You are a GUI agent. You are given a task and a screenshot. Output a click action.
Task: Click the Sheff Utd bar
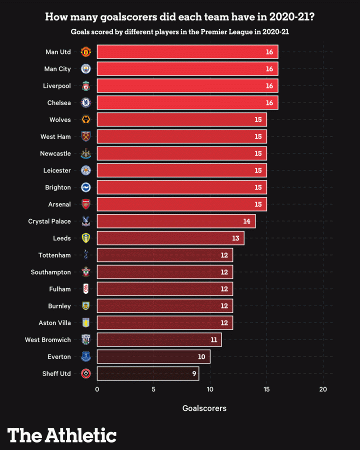pyautogui.click(x=147, y=373)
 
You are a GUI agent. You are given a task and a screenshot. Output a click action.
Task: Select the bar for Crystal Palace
pyautogui.click(x=176, y=221)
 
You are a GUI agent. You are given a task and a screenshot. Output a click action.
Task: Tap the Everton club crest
pyautogui.click(x=86, y=356)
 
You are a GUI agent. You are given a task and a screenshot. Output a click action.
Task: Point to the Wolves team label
pyautogui.click(x=60, y=120)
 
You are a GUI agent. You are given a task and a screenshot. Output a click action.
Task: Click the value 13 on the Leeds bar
pyautogui.click(x=235, y=238)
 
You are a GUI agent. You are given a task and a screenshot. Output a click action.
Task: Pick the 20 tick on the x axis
pyautogui.click(x=323, y=389)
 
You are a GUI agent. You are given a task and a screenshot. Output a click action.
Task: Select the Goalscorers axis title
pyautogui.click(x=204, y=408)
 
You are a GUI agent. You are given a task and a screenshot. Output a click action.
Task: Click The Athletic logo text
pyautogui.click(x=62, y=435)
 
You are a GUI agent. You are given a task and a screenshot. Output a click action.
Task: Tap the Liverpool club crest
pyautogui.click(x=86, y=86)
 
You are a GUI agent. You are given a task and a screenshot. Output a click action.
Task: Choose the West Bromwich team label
pyautogui.click(x=48, y=340)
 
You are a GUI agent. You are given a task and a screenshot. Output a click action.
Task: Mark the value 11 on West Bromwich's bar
pyautogui.click(x=213, y=340)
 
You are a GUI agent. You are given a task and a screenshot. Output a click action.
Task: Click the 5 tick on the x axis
pyautogui.click(x=153, y=389)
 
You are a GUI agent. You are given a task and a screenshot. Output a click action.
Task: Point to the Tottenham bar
pyautogui.click(x=164, y=255)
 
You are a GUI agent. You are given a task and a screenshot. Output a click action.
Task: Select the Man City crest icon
pyautogui.click(x=86, y=69)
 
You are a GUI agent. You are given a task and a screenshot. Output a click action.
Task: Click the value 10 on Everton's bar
pyautogui.click(x=201, y=357)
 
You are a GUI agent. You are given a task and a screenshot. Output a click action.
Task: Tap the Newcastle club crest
pyautogui.click(x=86, y=153)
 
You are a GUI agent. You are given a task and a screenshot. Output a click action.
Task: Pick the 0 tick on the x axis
pyautogui.click(x=97, y=389)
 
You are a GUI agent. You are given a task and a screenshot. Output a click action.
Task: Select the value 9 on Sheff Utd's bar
pyautogui.click(x=193, y=373)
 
